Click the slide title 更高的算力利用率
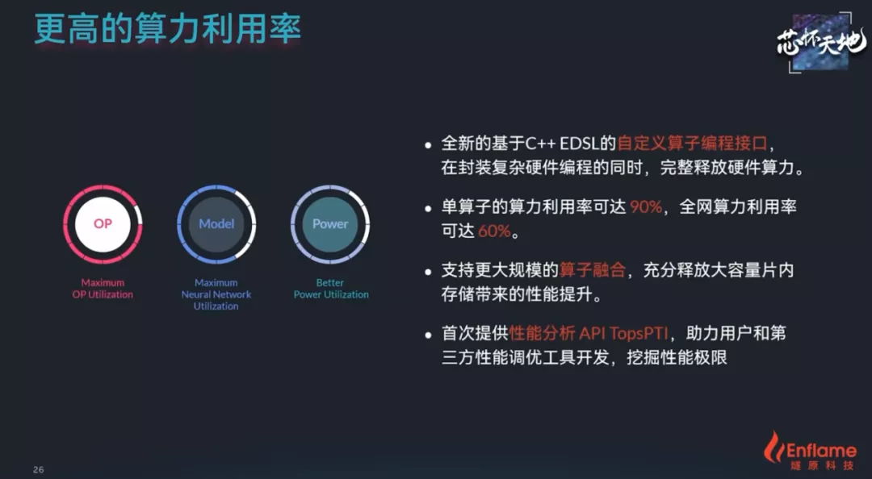point(167,29)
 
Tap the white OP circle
point(103,224)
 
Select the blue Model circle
point(216,224)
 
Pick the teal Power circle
point(329,224)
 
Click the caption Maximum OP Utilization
point(103,289)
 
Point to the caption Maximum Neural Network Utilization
point(216,294)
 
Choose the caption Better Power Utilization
point(331,289)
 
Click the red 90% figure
point(646,206)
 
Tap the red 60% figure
point(494,231)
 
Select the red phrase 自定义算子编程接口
point(693,144)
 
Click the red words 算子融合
point(593,270)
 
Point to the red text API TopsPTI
point(623,333)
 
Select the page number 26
point(39,469)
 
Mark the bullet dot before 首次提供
point(428,335)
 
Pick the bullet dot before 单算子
point(428,208)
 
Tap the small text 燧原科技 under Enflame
point(821,465)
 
